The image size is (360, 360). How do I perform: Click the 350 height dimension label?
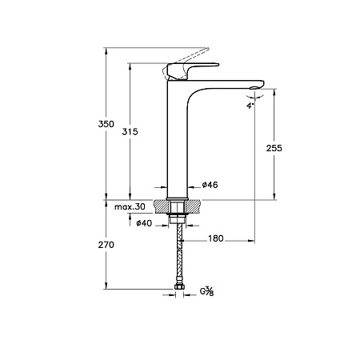pos(106,124)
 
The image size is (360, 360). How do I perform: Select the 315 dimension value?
pos(130,131)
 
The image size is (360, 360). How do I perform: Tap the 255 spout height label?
pos(274,148)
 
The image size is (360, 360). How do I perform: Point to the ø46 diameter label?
pos(210,185)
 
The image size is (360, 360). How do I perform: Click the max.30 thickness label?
pos(130,206)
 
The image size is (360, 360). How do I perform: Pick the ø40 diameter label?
pos(144,223)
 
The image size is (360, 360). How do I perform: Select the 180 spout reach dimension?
pos(216,238)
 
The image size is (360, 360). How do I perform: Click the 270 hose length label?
pos(106,245)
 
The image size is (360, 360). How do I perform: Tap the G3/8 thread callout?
pos(207,291)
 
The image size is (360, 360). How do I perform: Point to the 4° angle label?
pos(250,106)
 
